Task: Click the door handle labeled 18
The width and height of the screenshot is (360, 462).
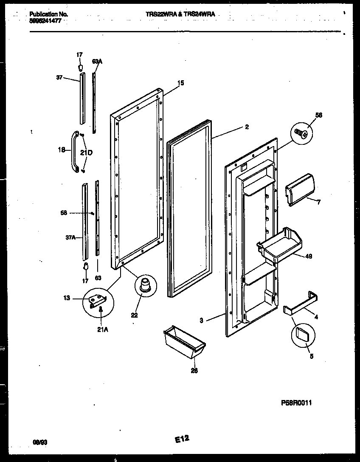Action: [74, 152]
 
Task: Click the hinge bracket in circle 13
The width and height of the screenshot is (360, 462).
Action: [98, 300]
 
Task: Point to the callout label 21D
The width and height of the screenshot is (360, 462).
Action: [87, 153]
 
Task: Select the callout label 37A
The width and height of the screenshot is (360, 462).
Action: [70, 238]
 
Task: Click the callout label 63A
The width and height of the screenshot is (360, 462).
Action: [97, 62]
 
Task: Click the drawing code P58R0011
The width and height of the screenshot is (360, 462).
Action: [295, 403]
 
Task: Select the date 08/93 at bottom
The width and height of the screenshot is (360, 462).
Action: [41, 442]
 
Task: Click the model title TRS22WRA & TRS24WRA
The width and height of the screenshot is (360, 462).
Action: [180, 14]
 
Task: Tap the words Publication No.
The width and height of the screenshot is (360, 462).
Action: [49, 14]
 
